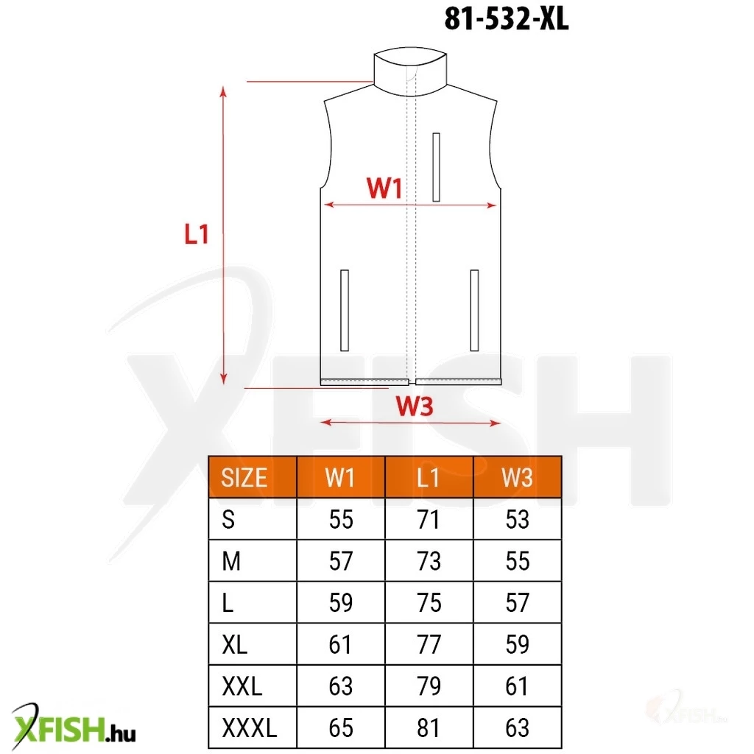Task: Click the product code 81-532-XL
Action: [507, 19]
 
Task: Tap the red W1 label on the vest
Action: [384, 188]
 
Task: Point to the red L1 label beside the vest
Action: [197, 234]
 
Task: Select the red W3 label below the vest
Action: [415, 406]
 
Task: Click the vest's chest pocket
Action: [436, 167]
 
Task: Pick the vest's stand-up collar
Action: [410, 71]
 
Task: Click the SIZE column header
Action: [244, 477]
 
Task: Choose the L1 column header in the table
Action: [428, 477]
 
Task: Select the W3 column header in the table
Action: [517, 477]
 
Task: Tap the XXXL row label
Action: [250, 727]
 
